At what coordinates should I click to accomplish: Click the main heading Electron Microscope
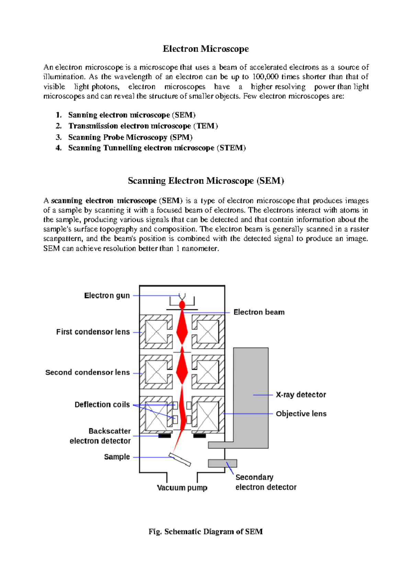point(206,49)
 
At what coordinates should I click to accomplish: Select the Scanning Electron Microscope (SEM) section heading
point(206,181)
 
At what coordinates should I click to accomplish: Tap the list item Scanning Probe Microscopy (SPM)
point(130,137)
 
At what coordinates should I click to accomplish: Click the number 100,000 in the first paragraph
point(265,77)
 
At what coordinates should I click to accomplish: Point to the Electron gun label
point(107,295)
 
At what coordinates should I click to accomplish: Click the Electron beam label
point(259,312)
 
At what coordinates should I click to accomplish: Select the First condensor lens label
point(93,332)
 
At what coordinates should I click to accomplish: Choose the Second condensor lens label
point(88,372)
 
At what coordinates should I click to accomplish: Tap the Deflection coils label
point(102,405)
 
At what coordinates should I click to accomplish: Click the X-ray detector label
point(301,395)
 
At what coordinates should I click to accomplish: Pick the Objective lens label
point(301,414)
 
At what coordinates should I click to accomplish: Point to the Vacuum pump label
point(182,488)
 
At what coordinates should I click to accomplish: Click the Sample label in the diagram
point(117,457)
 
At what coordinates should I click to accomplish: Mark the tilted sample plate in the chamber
point(180,460)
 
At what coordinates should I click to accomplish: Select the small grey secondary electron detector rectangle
point(222,463)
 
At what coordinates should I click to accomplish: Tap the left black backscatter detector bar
point(164,436)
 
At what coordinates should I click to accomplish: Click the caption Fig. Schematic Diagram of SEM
point(206,532)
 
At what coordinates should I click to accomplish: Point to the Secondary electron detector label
point(265,482)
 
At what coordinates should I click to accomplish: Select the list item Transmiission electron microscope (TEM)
point(143,126)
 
